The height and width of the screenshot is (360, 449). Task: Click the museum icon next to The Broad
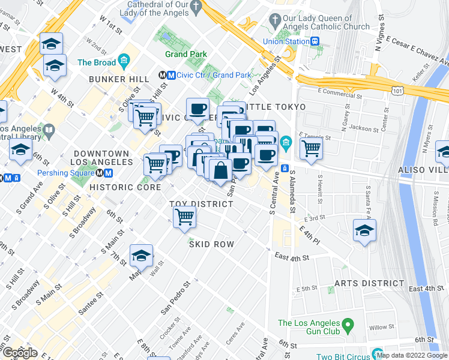pyautogui.click(x=124, y=61)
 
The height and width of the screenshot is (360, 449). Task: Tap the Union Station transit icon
pyautogui.click(x=315, y=41)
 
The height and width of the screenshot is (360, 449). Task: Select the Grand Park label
pyautogui.click(x=185, y=54)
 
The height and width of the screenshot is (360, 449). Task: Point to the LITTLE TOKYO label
pyautogui.click(x=276, y=107)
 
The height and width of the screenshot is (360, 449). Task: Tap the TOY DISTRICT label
pyautogui.click(x=201, y=204)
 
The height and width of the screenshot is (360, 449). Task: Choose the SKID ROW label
pyautogui.click(x=211, y=244)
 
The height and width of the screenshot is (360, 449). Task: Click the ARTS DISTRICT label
pyautogui.click(x=369, y=283)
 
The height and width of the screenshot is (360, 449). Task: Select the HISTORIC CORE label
pyautogui.click(x=125, y=187)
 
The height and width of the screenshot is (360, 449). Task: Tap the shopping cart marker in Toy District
pyautogui.click(x=185, y=217)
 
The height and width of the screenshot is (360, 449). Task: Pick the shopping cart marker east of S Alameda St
pyautogui.click(x=311, y=148)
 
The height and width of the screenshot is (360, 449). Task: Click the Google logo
pyautogui.click(x=20, y=352)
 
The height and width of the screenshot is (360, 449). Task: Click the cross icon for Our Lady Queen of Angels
pyautogui.click(x=275, y=22)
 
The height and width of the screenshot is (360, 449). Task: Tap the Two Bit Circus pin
pyautogui.click(x=377, y=355)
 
